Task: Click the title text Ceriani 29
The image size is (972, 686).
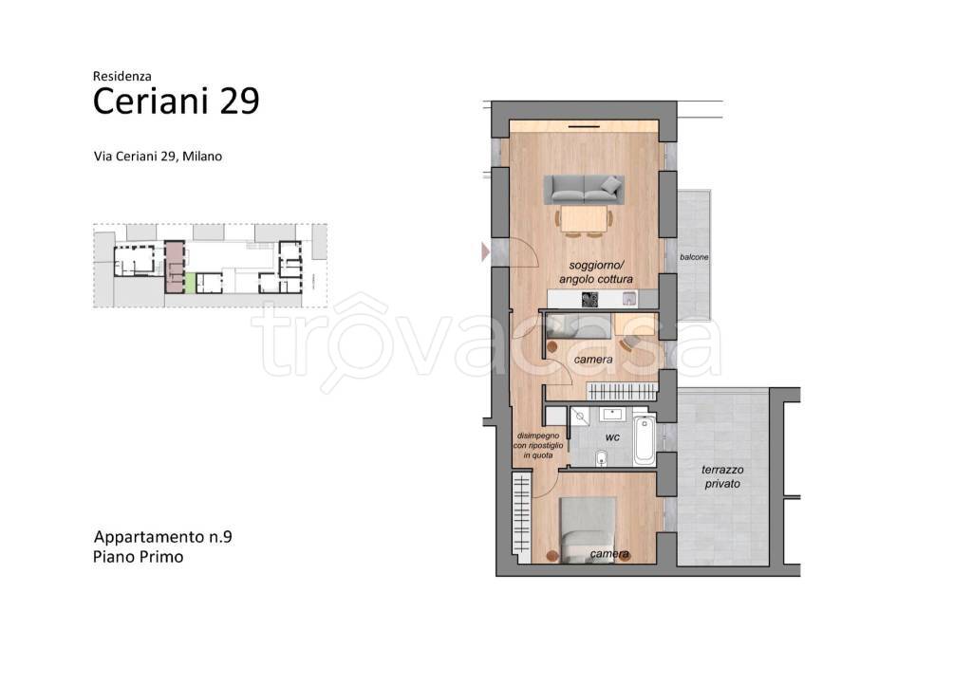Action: coord(176,101)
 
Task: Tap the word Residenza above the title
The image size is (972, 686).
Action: coord(122,76)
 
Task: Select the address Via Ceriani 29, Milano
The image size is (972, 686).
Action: coord(159,157)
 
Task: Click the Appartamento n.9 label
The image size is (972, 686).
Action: coord(163,537)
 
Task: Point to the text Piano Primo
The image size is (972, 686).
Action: coord(139,556)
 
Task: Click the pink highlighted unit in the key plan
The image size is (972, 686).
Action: coord(175,267)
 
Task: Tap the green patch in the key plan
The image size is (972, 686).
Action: coord(190,283)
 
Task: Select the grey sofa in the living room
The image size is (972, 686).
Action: coord(584,190)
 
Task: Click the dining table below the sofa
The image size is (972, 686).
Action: coord(585,219)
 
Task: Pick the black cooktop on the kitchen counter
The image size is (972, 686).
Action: coord(589,300)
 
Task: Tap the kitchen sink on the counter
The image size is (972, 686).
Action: coord(629,299)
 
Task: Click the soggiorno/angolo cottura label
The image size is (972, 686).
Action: coord(596,272)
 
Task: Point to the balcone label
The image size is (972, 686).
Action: coord(694,256)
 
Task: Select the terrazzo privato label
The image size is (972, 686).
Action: coord(722,476)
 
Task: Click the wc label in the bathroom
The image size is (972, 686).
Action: coord(612,437)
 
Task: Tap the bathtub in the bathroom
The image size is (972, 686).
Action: coord(645,440)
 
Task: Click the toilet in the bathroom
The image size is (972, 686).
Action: coord(601,458)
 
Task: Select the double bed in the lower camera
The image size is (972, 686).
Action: coord(588,529)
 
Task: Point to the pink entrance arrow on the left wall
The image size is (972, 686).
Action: coord(486,251)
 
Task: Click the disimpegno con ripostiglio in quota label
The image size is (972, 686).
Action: coord(538,446)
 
